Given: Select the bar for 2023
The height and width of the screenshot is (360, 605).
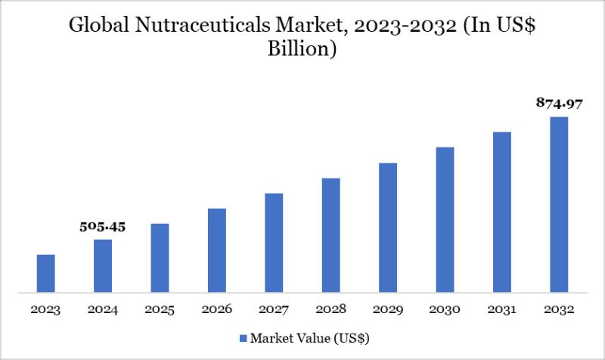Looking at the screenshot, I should (x=45, y=273).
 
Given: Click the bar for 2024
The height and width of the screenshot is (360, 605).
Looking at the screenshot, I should (x=103, y=265).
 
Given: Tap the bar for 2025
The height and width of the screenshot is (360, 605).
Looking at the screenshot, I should (x=160, y=258).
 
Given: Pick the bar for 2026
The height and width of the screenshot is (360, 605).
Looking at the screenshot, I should (x=217, y=250).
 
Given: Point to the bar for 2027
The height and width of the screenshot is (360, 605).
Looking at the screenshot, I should (x=274, y=243).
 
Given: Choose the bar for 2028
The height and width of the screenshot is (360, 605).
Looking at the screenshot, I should (x=330, y=235).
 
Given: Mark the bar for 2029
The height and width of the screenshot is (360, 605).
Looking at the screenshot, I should (x=388, y=228).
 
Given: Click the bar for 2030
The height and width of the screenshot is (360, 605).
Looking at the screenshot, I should (x=445, y=219).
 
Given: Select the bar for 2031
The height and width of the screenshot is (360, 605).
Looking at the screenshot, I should (x=502, y=212).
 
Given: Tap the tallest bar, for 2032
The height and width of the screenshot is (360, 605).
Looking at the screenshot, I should (x=559, y=204).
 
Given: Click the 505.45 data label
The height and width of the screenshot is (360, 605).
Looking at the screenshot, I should (x=102, y=227).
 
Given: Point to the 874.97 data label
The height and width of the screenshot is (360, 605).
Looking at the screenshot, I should (x=558, y=104).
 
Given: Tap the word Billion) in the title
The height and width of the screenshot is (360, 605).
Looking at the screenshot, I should (x=302, y=51).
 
